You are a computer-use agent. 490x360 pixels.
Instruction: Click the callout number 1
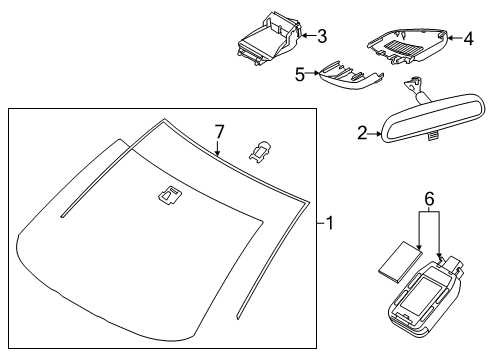point(330,223)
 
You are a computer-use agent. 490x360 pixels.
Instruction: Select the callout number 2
point(362,133)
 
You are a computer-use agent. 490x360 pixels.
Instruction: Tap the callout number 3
point(322,36)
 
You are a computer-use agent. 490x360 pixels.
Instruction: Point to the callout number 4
point(469,39)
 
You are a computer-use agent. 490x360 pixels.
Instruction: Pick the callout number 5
point(300,74)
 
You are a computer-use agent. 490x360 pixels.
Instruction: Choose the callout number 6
point(430,199)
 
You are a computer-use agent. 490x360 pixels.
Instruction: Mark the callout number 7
point(219,132)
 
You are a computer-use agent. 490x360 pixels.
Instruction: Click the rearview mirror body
point(432,119)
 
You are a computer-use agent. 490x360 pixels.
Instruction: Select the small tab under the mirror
point(433,136)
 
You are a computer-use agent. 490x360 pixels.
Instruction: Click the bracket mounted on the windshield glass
point(170,194)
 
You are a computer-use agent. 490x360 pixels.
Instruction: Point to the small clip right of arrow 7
point(259,152)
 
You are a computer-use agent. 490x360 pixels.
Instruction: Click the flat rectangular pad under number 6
point(400,262)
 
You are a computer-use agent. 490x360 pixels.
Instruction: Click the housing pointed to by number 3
point(269,38)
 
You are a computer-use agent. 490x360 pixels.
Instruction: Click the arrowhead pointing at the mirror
point(379,134)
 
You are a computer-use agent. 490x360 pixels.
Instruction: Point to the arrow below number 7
point(217,148)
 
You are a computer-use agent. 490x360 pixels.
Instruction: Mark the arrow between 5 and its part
point(312,73)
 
